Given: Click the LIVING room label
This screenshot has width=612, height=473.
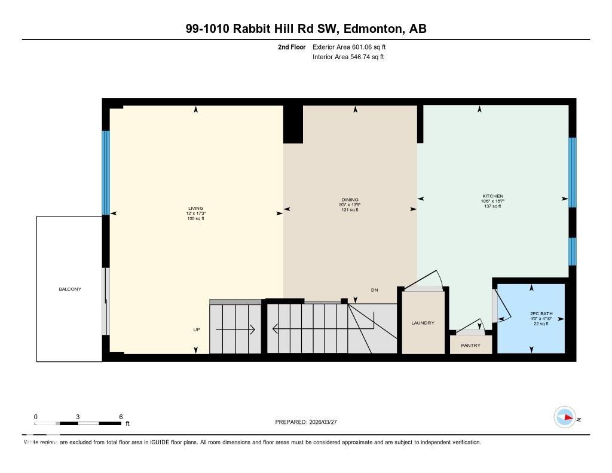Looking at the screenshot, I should (x=196, y=208).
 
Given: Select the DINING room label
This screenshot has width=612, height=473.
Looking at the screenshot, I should (x=350, y=200).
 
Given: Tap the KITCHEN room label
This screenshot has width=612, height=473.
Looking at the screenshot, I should (x=492, y=196).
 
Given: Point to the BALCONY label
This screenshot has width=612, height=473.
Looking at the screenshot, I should (x=69, y=289).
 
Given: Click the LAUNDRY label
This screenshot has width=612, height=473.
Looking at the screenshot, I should (x=423, y=323).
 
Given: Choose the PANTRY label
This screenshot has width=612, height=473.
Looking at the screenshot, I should (x=470, y=345).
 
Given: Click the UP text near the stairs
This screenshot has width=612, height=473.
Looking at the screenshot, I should (x=197, y=329).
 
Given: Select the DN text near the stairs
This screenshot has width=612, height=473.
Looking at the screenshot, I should (x=374, y=290).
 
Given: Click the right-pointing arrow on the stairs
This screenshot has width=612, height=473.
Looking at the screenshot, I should (x=235, y=329).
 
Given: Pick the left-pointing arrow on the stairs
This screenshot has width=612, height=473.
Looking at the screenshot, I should (x=293, y=328).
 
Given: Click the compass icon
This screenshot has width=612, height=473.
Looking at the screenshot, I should (x=564, y=417).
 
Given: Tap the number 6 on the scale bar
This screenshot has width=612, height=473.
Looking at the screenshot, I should (x=121, y=417).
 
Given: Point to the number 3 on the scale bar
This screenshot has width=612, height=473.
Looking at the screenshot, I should (x=78, y=417).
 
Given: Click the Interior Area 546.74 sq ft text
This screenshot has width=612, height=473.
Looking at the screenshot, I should (x=348, y=57).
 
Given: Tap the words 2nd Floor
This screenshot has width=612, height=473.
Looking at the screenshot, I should (x=292, y=47).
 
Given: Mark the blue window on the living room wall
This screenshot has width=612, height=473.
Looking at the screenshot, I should (x=106, y=172).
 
